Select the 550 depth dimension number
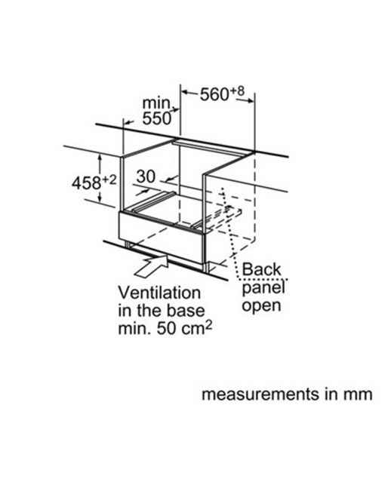[157, 118]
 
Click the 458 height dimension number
[86, 183]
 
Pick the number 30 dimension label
[146, 176]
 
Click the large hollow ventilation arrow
[152, 265]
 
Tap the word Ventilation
[159, 293]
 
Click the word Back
[262, 269]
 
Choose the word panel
[263, 288]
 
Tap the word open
[261, 305]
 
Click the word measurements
[261, 394]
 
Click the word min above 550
[158, 103]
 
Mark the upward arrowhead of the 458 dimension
[100, 158]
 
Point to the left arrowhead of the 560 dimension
[186, 92]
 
